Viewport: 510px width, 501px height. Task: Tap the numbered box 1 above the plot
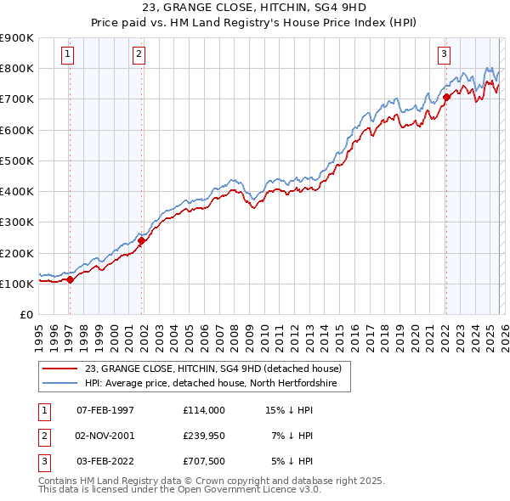(x=67, y=54)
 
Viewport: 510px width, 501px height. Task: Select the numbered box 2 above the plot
(x=139, y=54)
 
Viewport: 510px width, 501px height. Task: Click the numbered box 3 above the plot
(x=444, y=54)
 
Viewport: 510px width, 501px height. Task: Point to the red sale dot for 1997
(x=70, y=280)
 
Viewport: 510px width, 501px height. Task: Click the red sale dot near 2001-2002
(x=141, y=240)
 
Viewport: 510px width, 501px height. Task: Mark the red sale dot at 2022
(x=446, y=97)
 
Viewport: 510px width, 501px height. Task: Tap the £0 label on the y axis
(x=25, y=314)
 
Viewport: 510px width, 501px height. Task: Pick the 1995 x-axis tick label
(x=39, y=335)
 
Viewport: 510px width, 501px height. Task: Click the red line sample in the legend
(x=59, y=369)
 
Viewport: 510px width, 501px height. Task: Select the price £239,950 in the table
(x=203, y=435)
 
